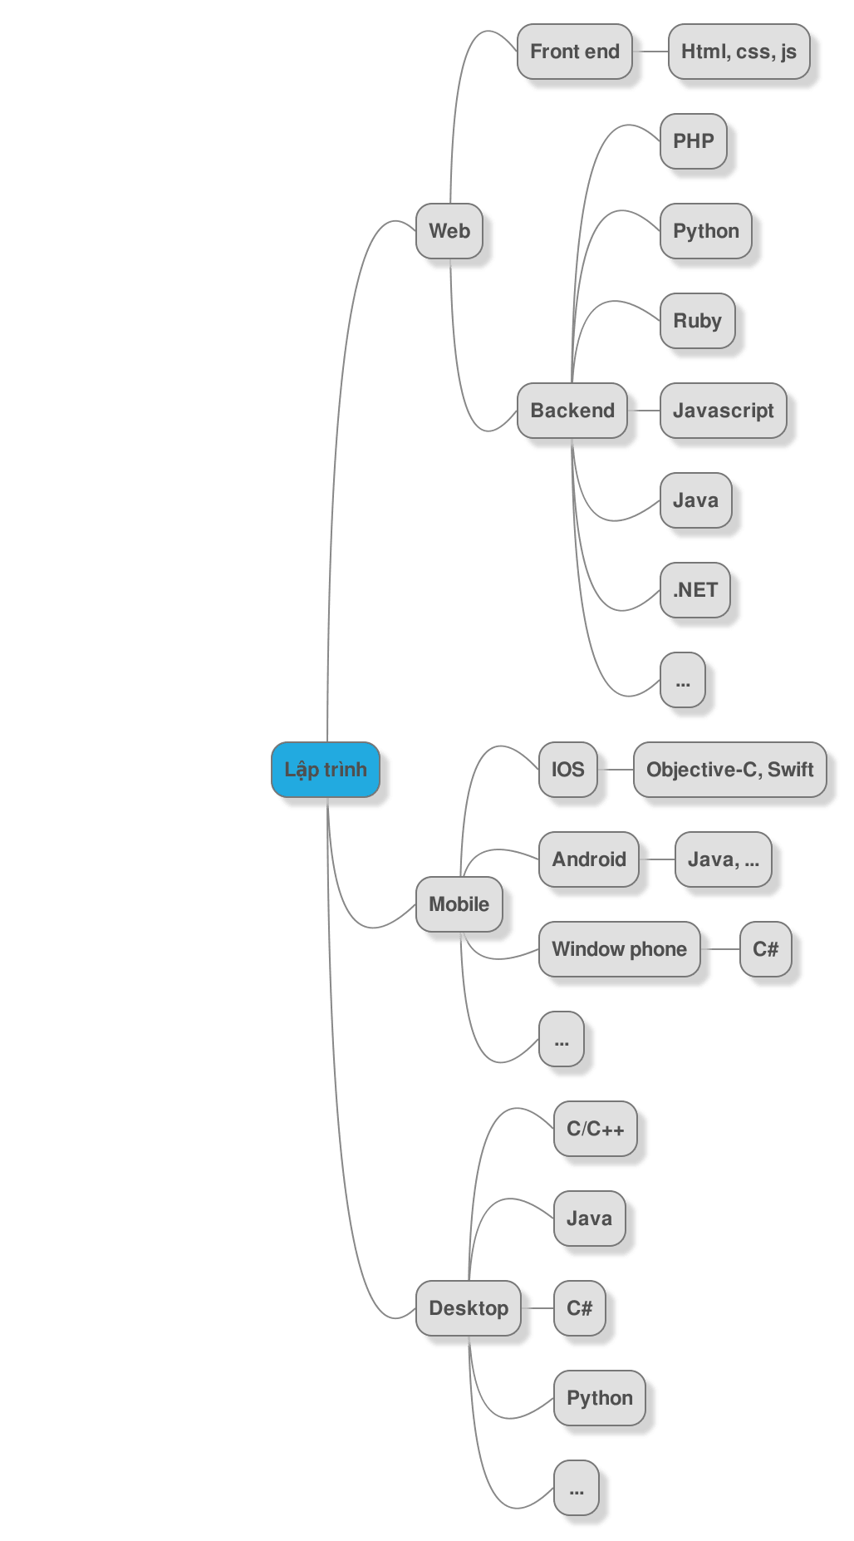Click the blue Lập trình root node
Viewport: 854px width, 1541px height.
[326, 770]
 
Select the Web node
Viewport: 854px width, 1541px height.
[449, 231]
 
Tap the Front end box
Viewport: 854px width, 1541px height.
[575, 52]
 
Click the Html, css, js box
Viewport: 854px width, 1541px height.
[739, 52]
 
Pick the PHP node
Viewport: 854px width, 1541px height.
[694, 141]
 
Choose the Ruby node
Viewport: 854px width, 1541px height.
[698, 321]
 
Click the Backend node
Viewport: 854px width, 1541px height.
[572, 411]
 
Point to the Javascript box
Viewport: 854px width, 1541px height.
[724, 411]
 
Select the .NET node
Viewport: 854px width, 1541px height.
[695, 590]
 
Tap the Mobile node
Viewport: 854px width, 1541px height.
[459, 904]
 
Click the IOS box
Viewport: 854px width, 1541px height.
[568, 770]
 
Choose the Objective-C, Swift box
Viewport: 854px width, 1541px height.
[730, 770]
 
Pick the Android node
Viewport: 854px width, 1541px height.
[589, 859]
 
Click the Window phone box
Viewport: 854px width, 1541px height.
[620, 949]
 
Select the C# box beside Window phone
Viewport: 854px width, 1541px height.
[765, 949]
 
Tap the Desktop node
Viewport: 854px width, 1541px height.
[469, 1308]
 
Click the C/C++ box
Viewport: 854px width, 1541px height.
[596, 1129]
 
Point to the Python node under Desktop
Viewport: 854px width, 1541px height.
[600, 1398]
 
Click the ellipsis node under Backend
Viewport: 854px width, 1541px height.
[683, 680]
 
